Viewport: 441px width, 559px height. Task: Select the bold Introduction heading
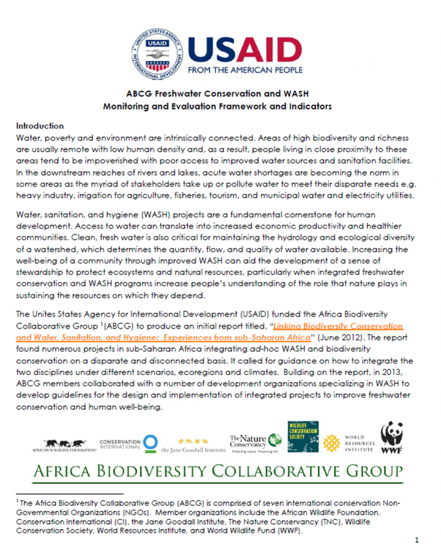pos(40,125)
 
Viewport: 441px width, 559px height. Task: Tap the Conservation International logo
pos(129,443)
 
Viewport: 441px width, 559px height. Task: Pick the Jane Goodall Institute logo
pos(190,445)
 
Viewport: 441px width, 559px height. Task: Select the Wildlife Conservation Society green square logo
pos(303,437)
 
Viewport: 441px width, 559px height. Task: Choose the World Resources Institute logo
pos(349,443)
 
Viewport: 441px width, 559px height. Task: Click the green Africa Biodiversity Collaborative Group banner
pos(220,472)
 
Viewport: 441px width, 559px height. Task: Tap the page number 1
pos(417,541)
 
